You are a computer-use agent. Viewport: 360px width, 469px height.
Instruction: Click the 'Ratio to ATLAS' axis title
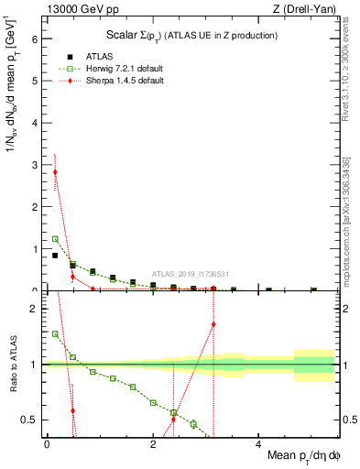[x=12, y=364]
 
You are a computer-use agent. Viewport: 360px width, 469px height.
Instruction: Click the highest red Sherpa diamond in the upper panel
[x=55, y=172]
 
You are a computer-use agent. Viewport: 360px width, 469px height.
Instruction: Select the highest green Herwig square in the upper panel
[x=55, y=239]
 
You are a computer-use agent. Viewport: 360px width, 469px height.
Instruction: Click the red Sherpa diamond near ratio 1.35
[x=213, y=324]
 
